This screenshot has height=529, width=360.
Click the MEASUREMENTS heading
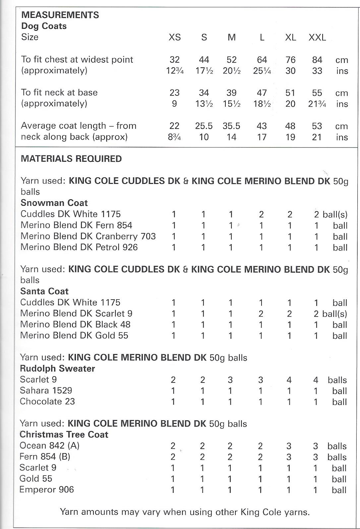click(x=60, y=15)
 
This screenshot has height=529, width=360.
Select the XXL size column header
click(x=317, y=37)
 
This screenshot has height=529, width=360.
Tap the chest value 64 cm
click(x=262, y=60)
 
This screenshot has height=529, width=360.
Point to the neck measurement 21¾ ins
click(x=317, y=104)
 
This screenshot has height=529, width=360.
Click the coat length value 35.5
click(x=231, y=126)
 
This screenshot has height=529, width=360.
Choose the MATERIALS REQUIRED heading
click(x=71, y=159)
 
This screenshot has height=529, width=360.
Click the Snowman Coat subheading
click(x=54, y=203)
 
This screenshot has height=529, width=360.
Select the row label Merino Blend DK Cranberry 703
click(x=88, y=236)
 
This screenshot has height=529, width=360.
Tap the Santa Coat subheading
click(x=44, y=291)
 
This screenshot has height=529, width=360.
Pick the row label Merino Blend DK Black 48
click(x=75, y=324)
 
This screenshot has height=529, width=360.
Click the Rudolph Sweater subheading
click(x=57, y=369)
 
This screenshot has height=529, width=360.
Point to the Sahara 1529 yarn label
click(x=46, y=390)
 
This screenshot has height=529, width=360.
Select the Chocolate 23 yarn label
click(x=47, y=401)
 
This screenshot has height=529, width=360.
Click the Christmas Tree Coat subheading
click(x=64, y=435)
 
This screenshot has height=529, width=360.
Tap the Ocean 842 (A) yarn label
click(x=49, y=445)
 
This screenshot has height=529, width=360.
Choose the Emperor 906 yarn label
click(x=47, y=490)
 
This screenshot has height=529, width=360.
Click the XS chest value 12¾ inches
click(x=175, y=71)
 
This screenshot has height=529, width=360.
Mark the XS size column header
click(x=175, y=37)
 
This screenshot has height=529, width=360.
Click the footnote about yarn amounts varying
click(x=185, y=512)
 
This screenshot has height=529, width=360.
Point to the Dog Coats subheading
click(x=44, y=26)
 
